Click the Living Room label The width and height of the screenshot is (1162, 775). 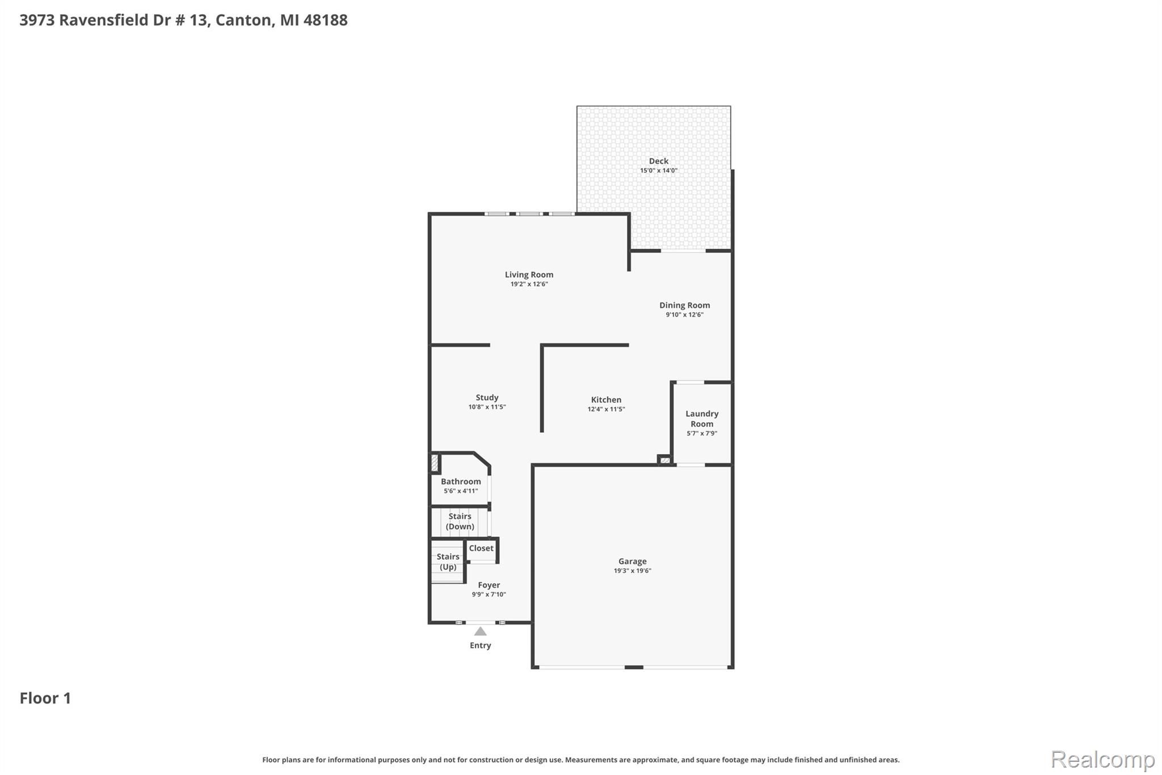point(529,275)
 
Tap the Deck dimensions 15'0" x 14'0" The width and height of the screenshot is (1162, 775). point(659,170)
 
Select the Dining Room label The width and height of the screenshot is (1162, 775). point(684,305)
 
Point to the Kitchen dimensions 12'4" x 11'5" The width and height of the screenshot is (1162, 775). point(606,409)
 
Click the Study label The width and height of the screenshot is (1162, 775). point(487,397)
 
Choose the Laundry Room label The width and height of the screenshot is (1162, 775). point(702,419)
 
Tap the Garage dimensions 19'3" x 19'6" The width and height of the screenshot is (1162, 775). point(632,571)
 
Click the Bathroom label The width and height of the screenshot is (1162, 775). point(461,481)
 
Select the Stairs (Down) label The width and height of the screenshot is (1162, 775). point(460,521)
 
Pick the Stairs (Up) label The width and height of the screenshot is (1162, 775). point(448,562)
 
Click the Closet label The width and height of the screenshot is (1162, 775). point(481,548)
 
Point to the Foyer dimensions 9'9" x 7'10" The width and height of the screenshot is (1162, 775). point(489,594)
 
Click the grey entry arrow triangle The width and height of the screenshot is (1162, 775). point(480,631)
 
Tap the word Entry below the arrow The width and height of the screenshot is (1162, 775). point(480,646)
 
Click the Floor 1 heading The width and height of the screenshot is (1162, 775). point(45,698)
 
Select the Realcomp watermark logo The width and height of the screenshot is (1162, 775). point(1102,759)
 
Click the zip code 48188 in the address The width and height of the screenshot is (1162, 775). point(325,20)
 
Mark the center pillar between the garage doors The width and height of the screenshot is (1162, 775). point(634,667)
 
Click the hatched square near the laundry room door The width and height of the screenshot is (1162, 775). point(664,460)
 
